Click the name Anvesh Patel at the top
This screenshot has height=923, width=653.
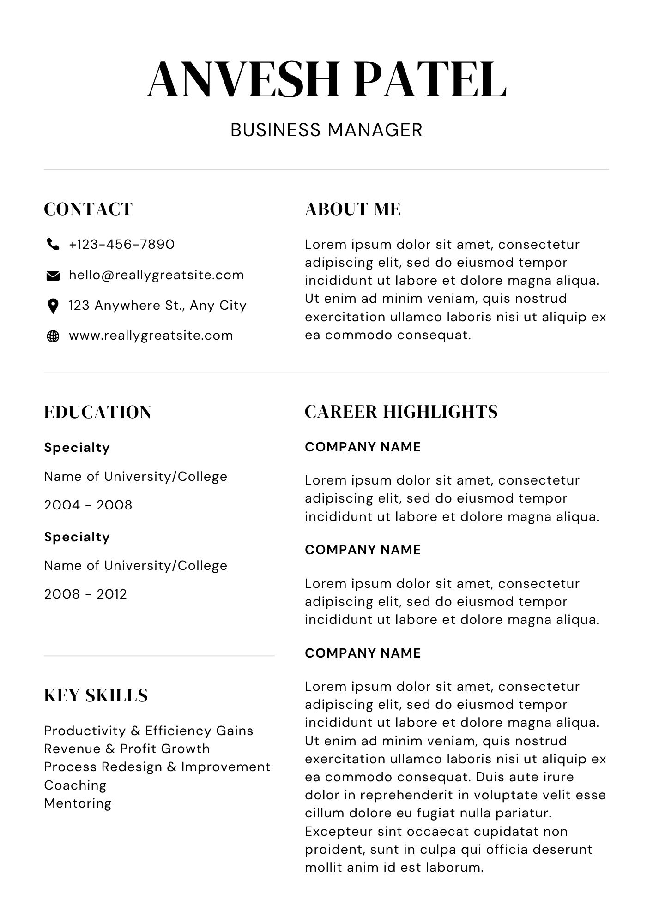pyautogui.click(x=326, y=80)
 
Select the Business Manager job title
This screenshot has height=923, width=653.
pyautogui.click(x=326, y=130)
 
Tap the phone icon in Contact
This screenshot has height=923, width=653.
pyautogui.click(x=53, y=244)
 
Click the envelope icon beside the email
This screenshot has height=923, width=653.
pyautogui.click(x=53, y=276)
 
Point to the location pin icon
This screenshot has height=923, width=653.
pyautogui.click(x=53, y=306)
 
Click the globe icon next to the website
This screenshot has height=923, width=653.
pyautogui.click(x=53, y=336)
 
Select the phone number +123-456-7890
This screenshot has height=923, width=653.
pyautogui.click(x=121, y=244)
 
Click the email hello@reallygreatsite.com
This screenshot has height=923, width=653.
pyautogui.click(x=156, y=275)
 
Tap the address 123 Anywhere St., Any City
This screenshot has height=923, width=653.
pyautogui.click(x=157, y=306)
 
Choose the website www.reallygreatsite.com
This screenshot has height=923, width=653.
pyautogui.click(x=151, y=336)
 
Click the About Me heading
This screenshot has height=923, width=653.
pyautogui.click(x=352, y=209)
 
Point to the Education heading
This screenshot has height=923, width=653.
pyautogui.click(x=97, y=412)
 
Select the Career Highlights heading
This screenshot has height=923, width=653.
pyautogui.click(x=401, y=412)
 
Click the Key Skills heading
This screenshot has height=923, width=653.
pyautogui.click(x=96, y=695)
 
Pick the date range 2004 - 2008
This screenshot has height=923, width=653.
pyautogui.click(x=88, y=505)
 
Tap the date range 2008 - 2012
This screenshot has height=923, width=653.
pyautogui.click(x=85, y=594)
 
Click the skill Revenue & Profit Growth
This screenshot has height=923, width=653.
pyautogui.click(x=127, y=749)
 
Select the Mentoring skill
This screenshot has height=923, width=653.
pyautogui.click(x=78, y=803)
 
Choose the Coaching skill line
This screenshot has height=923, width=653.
pyautogui.click(x=75, y=785)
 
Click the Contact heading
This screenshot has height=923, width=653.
pyautogui.click(x=88, y=209)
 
